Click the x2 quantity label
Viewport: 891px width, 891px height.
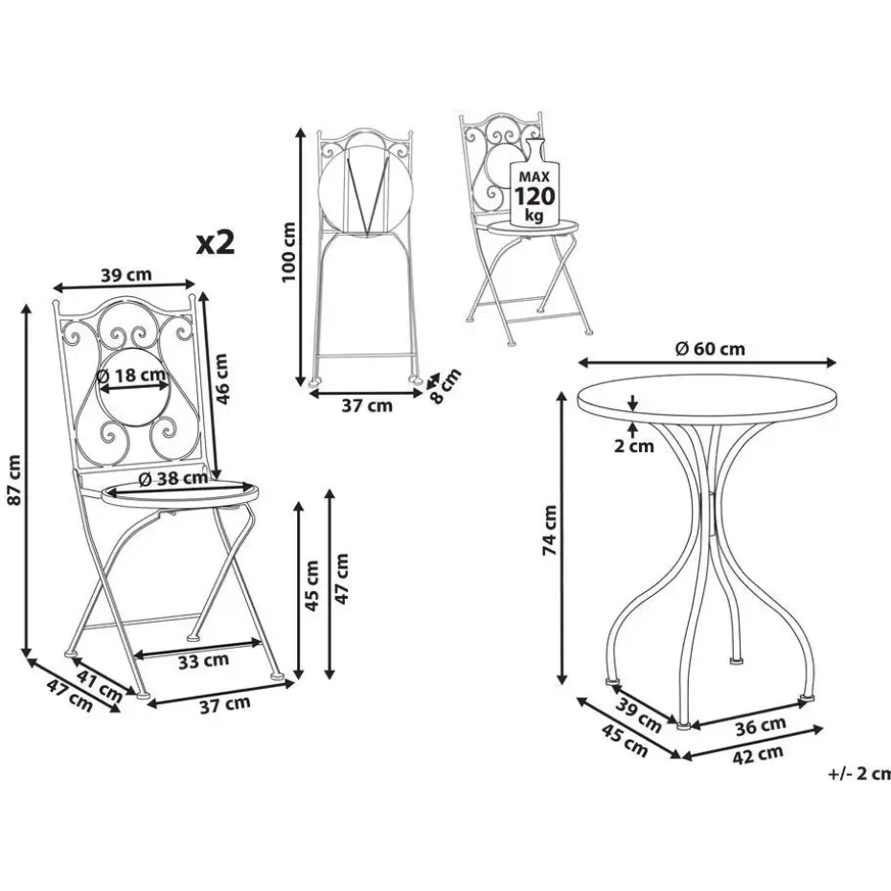216,243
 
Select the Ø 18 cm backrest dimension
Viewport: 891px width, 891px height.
131,375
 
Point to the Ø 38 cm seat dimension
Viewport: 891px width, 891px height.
173,478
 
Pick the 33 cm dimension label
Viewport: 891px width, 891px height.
203,661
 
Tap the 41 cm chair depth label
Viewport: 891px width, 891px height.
100,685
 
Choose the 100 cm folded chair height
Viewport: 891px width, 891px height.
288,251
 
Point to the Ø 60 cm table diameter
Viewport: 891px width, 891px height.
710,349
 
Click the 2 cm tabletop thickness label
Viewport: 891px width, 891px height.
634,446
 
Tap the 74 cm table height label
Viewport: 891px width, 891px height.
550,530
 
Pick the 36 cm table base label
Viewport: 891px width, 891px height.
761,725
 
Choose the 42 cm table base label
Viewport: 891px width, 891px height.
758,755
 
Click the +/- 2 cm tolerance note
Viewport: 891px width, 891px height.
859,773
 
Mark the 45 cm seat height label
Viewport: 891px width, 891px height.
312,585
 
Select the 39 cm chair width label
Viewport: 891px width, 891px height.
126,274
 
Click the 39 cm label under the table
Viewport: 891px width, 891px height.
639,715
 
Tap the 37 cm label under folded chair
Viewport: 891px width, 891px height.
367,405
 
